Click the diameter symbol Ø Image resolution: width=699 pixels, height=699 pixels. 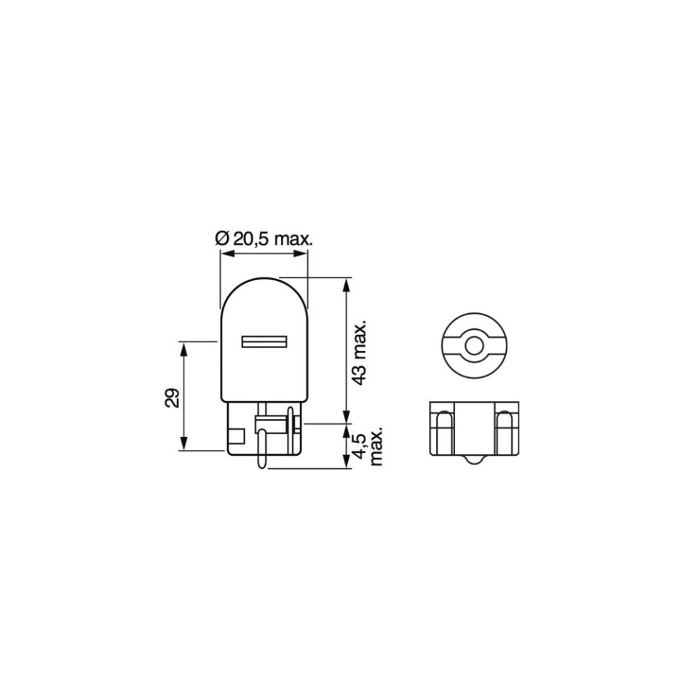[x=222, y=240]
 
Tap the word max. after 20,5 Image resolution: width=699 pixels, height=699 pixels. [x=293, y=240]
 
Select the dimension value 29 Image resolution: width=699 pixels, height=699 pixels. [x=172, y=398]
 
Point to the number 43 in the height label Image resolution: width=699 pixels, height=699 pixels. [x=359, y=376]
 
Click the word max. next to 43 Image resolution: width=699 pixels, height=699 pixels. [x=359, y=340]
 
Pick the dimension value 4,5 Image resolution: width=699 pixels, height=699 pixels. [x=359, y=446]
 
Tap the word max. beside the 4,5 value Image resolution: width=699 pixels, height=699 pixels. [x=376, y=448]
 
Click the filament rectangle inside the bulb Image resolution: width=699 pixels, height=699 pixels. [x=264, y=341]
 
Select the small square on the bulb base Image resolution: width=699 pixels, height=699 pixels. [x=236, y=435]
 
